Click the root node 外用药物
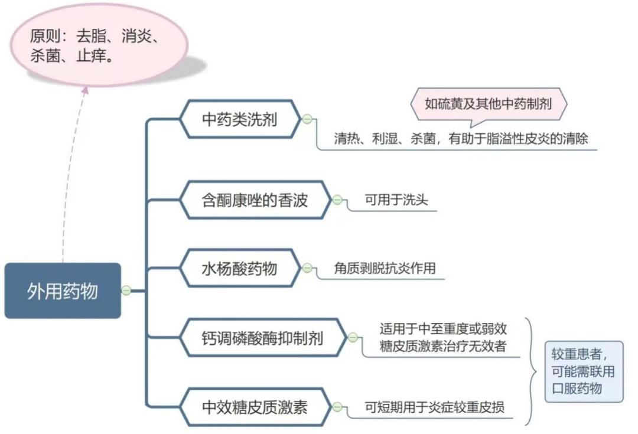(63, 291)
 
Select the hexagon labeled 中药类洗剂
(240, 119)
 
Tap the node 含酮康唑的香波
(255, 200)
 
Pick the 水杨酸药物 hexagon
(240, 269)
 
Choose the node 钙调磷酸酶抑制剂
(263, 338)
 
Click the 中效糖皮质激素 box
(255, 407)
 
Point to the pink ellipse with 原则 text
(99, 45)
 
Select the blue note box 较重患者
(584, 372)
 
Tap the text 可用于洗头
(396, 200)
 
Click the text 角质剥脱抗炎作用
(385, 268)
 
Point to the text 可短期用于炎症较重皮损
(434, 407)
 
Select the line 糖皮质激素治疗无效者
(442, 346)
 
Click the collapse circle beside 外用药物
(126, 291)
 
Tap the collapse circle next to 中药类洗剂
(307, 119)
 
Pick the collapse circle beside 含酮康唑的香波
(337, 200)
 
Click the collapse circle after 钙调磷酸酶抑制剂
(353, 337)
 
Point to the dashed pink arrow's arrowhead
(84, 90)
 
